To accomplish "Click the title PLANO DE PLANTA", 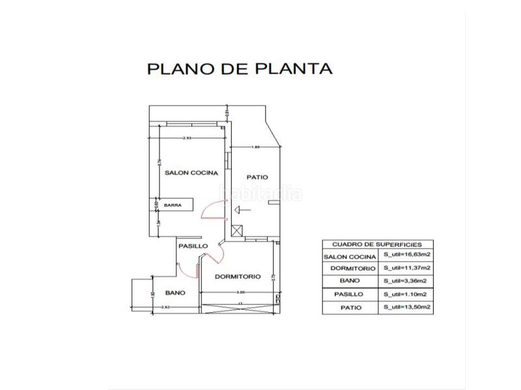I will (x=240, y=68).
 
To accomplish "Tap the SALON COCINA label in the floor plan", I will (x=190, y=173).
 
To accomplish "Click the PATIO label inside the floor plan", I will (x=258, y=177).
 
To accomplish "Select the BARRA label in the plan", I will (x=173, y=205).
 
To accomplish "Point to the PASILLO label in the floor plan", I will (x=194, y=246).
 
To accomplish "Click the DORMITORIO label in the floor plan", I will (x=238, y=276).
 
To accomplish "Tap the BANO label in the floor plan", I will (x=175, y=292).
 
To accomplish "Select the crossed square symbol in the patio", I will (x=237, y=229).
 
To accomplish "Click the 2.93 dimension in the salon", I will (x=187, y=138).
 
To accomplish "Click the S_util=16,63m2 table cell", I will (x=409, y=256).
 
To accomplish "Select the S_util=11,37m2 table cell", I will (x=409, y=268).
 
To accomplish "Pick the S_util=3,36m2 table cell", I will (x=408, y=281).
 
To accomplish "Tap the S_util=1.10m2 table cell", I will (x=408, y=294).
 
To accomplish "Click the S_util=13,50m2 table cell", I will (x=409, y=307).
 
